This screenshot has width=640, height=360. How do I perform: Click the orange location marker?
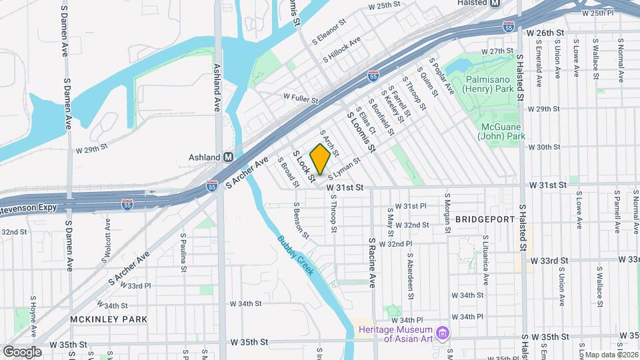(x=320, y=159)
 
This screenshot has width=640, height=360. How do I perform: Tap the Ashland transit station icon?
(x=228, y=157)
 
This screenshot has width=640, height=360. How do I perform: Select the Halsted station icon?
(x=495, y=3)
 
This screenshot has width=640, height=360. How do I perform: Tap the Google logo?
(x=23, y=351)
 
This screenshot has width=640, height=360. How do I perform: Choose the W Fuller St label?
(x=300, y=100)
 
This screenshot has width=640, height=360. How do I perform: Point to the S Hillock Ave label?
(x=341, y=49)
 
